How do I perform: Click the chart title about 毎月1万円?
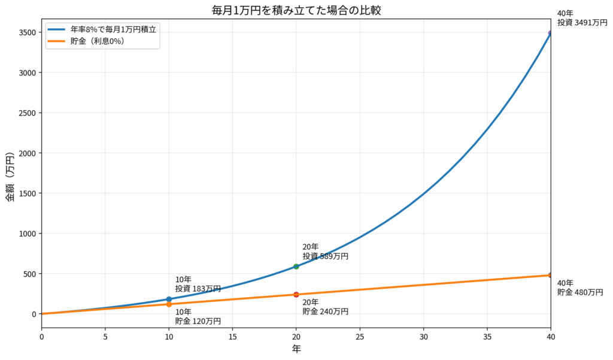click(296, 10)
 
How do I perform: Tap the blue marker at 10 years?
click(169, 299)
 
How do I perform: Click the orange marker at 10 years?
click(169, 304)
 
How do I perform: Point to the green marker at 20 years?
click(296, 267)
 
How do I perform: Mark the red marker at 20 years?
click(296, 295)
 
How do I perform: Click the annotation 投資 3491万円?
click(582, 23)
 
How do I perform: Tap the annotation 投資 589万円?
click(325, 256)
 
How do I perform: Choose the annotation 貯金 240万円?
click(325, 311)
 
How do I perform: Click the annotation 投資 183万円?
click(198, 289)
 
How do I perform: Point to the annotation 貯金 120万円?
click(198, 321)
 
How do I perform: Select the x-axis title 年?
click(296, 349)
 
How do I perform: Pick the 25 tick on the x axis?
click(360, 337)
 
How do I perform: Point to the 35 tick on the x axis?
click(487, 337)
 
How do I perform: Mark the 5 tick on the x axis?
click(105, 337)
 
